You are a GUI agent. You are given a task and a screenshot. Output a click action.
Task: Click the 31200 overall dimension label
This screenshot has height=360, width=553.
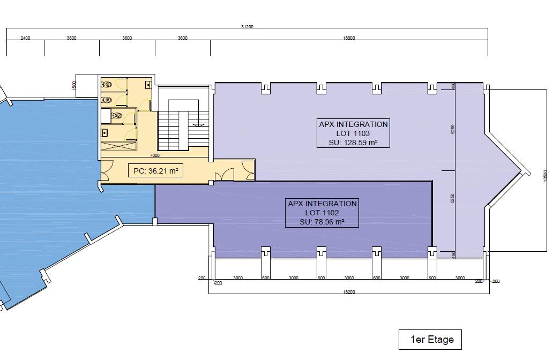[247, 26]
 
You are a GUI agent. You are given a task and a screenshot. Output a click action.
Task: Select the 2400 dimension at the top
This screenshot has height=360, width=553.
[25, 38]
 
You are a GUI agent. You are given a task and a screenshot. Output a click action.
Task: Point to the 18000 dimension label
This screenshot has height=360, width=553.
[349, 38]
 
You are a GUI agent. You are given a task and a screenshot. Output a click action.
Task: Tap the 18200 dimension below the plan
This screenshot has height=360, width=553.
[349, 292]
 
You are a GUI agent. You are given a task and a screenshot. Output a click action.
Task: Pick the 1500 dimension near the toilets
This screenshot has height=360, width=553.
[74, 85]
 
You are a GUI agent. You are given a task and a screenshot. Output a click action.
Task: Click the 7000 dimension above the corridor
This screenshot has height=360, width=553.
[154, 155]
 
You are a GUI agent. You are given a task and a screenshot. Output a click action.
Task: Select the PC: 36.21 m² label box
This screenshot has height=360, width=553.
[155, 171]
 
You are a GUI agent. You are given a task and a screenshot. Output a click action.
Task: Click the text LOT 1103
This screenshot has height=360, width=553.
[353, 133]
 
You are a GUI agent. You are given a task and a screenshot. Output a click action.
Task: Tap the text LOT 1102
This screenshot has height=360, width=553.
[322, 213]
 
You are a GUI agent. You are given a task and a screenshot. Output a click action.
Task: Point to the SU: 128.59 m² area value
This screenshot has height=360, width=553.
[353, 143]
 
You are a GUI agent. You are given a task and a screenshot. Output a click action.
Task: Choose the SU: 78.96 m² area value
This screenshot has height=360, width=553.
[322, 222]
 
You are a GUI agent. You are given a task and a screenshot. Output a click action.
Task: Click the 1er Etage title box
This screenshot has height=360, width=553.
[430, 340]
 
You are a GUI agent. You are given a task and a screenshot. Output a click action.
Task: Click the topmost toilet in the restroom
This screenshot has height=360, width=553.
[107, 85]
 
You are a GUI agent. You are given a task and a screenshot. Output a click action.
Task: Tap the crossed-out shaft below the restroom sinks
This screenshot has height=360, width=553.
[118, 146]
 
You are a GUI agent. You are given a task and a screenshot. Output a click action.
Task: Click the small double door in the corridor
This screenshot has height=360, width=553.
[225, 175]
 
